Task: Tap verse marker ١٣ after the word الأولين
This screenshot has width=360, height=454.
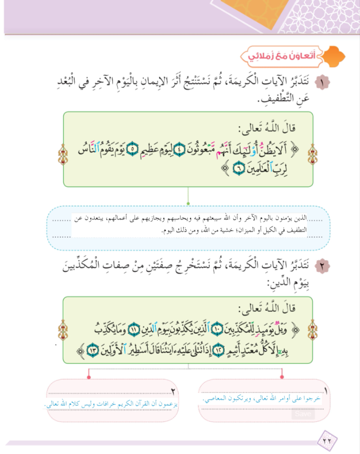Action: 93,351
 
